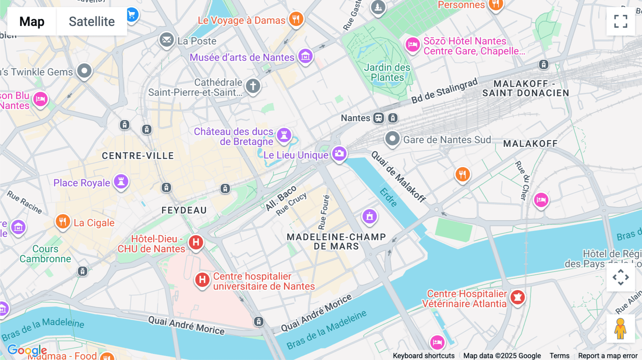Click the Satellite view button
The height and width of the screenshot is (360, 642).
tap(92, 21)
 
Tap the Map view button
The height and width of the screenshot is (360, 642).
tap(32, 21)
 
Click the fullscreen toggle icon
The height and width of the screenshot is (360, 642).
tap(621, 21)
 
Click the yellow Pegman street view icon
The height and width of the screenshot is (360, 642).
tap(620, 329)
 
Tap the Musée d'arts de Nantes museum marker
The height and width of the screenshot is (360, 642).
tap(305, 56)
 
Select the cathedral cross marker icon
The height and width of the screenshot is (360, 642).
tap(253, 86)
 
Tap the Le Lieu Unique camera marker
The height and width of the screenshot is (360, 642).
tap(339, 154)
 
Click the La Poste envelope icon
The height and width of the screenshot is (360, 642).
tap(167, 40)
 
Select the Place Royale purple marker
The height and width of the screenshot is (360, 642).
tap(121, 182)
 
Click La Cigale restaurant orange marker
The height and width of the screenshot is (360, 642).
tap(63, 222)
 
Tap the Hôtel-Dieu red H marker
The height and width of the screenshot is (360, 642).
tap(196, 243)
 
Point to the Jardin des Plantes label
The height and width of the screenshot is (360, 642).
tap(387, 72)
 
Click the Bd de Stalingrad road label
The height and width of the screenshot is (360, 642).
tap(444, 91)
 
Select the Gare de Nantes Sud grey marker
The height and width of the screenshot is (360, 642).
tap(392, 138)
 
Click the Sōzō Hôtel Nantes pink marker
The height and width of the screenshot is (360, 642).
tap(413, 45)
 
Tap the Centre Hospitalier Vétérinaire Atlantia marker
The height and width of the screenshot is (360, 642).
tap(518, 297)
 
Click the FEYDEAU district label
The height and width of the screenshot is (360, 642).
tap(184, 210)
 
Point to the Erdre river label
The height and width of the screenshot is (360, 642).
tap(388, 197)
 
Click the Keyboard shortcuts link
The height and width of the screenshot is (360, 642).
tap(423, 355)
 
